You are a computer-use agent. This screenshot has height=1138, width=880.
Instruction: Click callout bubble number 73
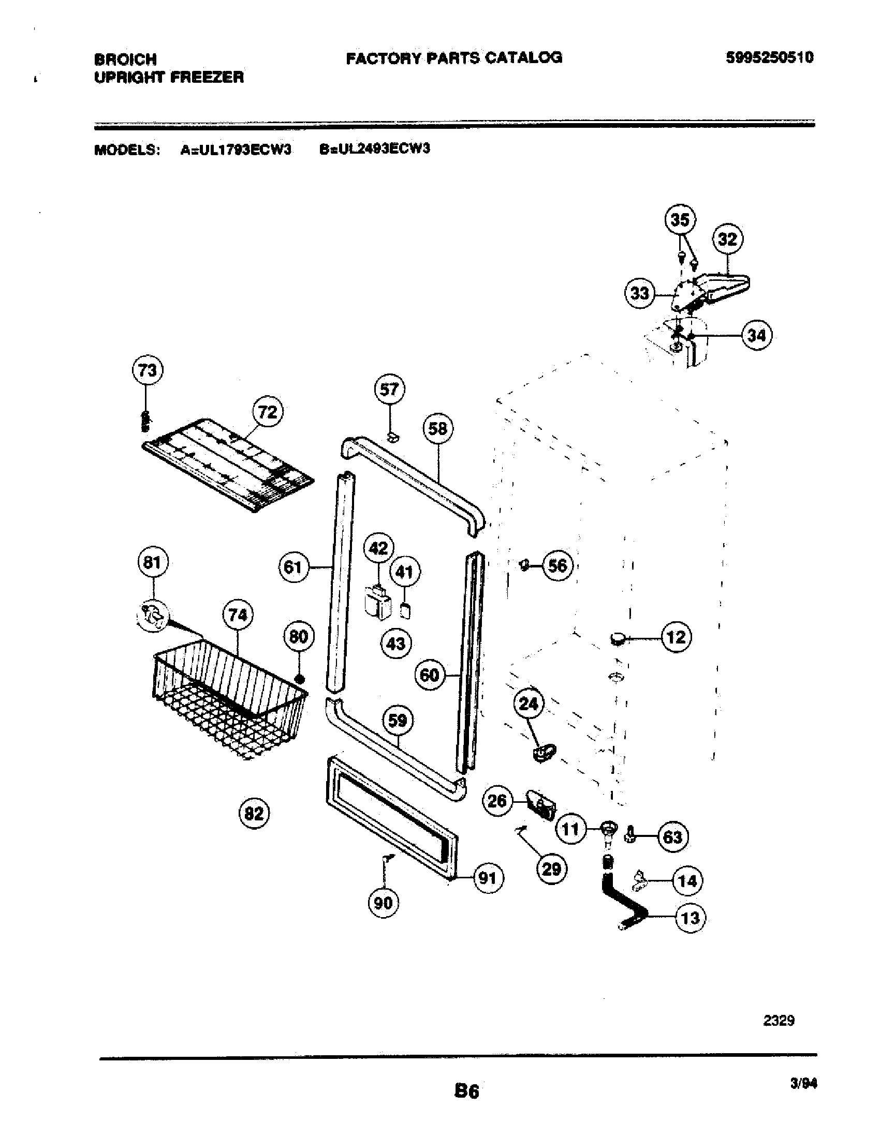point(147,370)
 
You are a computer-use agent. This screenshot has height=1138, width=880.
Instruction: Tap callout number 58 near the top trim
point(437,428)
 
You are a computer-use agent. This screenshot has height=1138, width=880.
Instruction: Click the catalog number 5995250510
point(769,57)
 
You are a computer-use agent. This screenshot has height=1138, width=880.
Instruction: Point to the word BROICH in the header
point(125,59)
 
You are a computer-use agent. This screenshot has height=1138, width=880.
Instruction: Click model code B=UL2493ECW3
point(374,149)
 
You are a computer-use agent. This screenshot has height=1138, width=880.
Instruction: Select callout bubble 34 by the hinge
point(756,335)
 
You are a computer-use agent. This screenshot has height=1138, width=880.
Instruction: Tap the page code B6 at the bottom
point(466,1091)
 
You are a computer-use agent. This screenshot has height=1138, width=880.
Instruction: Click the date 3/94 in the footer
point(803,1084)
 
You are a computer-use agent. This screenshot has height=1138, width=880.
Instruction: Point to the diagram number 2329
point(779,1020)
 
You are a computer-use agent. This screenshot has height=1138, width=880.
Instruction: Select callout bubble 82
point(254,813)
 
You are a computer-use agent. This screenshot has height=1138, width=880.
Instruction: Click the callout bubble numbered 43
point(395,644)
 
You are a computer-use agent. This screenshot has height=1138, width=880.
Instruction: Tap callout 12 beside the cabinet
point(676,637)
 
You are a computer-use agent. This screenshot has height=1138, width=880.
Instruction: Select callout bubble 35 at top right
point(680,220)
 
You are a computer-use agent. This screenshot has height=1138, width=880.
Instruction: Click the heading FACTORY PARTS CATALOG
point(454,57)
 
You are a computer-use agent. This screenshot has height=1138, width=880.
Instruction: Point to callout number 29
point(552,869)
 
